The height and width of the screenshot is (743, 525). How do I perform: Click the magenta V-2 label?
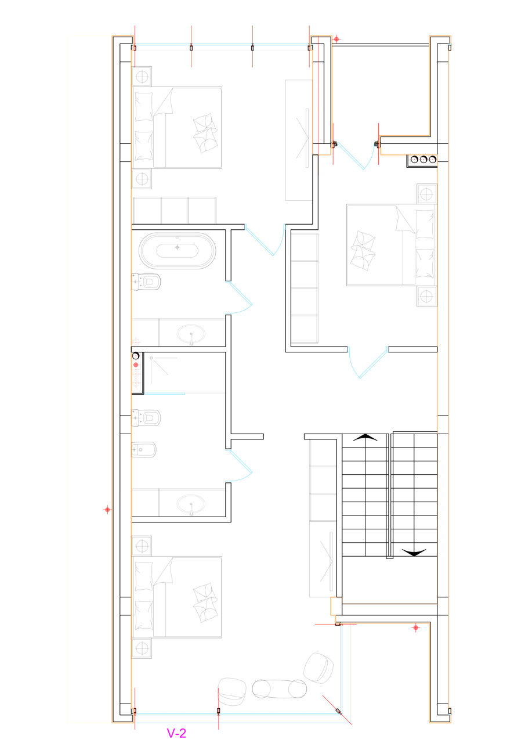click(176, 733)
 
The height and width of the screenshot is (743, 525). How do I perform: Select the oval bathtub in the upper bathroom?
click(177, 251)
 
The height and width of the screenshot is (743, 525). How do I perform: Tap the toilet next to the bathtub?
click(146, 282)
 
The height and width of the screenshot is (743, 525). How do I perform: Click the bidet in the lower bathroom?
click(144, 449)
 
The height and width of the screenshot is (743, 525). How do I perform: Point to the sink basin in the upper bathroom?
click(191, 334)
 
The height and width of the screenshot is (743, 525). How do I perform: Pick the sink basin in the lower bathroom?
click(191, 504)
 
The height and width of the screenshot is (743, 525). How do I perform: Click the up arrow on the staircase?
click(365, 438)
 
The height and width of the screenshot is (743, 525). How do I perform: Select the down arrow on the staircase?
click(414, 552)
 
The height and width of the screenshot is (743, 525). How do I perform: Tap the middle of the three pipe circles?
click(423, 160)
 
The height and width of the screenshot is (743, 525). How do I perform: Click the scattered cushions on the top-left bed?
click(205, 133)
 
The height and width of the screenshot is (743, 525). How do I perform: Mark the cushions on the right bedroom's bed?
click(363, 250)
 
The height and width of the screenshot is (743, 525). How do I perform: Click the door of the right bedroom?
click(374, 363)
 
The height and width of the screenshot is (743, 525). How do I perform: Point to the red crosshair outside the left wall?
click(107, 510)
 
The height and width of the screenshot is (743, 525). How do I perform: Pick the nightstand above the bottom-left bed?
click(142, 546)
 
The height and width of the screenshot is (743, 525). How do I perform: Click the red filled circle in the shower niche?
click(136, 365)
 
